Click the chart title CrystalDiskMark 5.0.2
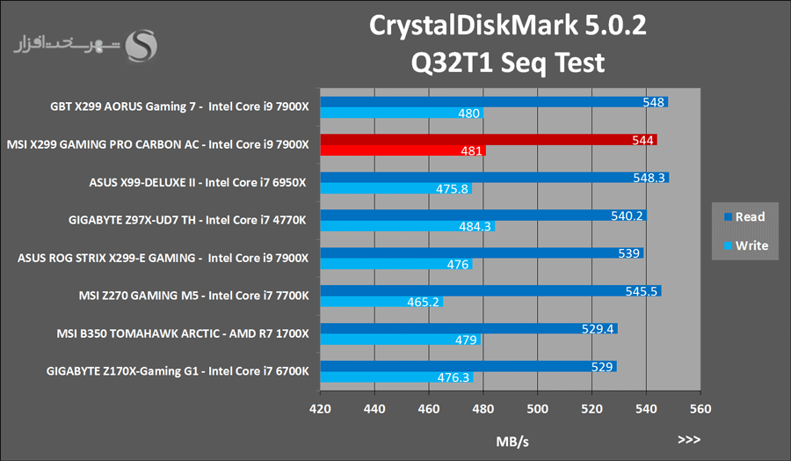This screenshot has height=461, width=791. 508,26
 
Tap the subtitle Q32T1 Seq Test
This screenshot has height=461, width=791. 508,62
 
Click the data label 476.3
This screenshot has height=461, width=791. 454,377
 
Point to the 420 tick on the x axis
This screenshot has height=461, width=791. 321,408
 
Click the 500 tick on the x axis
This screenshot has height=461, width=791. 538,408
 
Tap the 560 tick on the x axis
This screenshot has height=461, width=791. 700,408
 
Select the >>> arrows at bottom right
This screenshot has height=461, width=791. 689,438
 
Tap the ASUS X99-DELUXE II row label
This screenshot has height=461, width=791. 198,183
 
